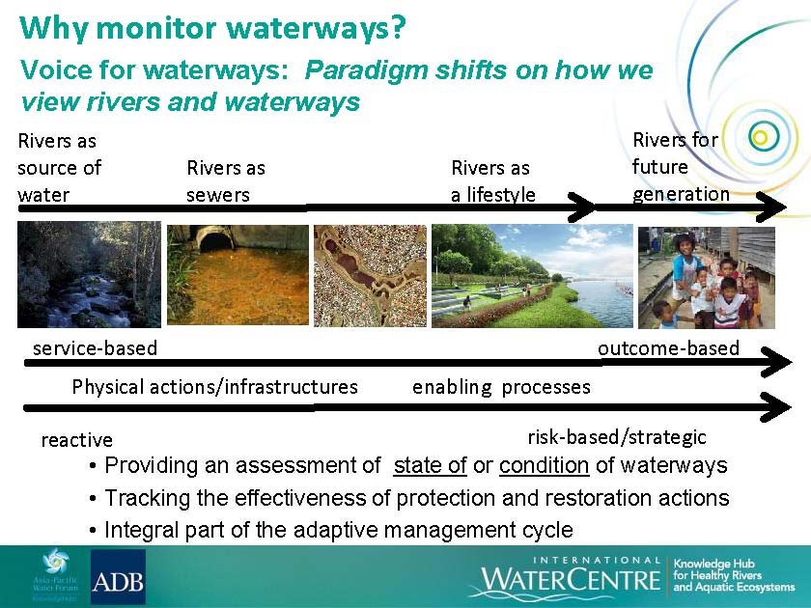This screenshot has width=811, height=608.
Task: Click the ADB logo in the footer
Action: click(118, 577)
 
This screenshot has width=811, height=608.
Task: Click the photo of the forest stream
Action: click(89, 274)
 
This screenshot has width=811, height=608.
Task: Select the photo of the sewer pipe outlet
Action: click(238, 275)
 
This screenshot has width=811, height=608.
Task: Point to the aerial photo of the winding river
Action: click(371, 276)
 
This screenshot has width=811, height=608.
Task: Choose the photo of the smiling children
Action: click(707, 278)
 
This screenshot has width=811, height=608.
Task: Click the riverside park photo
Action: click(532, 276)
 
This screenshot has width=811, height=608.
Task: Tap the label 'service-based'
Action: click(96, 348)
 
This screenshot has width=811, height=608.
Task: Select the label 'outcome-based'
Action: click(669, 348)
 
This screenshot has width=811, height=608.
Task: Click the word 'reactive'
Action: click(77, 440)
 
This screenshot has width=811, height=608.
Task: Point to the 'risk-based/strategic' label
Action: click(617, 438)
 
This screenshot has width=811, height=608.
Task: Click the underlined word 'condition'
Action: click(545, 465)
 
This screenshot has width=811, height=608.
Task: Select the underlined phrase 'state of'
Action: click(431, 465)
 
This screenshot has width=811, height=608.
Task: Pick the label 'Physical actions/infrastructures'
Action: click(215, 387)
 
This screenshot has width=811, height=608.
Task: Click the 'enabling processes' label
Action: click(501, 387)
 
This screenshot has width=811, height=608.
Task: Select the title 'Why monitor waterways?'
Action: click(212, 28)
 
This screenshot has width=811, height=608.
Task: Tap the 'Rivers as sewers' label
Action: click(226, 181)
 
